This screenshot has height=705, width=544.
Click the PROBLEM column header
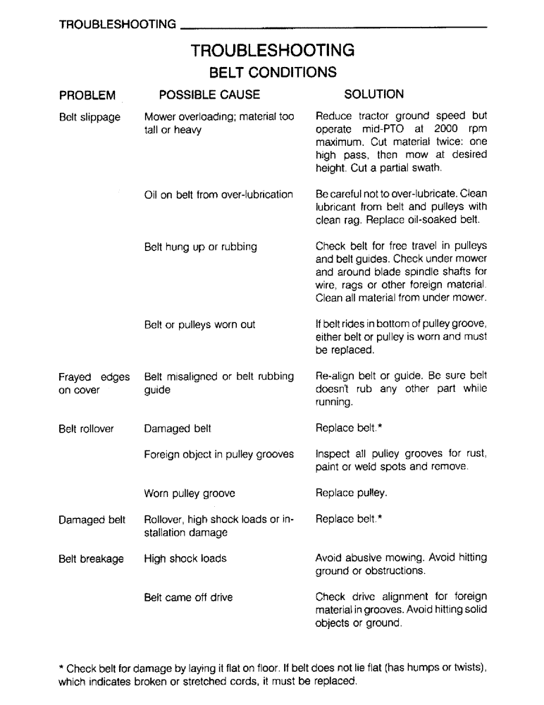(x=87, y=95)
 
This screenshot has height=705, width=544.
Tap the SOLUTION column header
(x=373, y=94)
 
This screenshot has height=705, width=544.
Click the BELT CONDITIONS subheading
(x=271, y=73)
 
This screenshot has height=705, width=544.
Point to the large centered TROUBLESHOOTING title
(x=272, y=51)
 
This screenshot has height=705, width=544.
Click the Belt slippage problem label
(x=89, y=117)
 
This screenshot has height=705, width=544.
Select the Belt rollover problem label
(x=87, y=428)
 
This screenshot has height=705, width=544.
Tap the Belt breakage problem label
(x=90, y=558)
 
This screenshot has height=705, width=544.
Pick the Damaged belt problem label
(x=92, y=520)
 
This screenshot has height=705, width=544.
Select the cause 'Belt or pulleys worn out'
(x=199, y=325)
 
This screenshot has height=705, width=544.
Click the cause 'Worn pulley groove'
(x=190, y=493)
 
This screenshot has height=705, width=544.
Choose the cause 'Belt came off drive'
(x=188, y=597)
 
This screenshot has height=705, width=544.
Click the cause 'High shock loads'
(x=185, y=558)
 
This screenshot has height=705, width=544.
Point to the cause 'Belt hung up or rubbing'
(x=200, y=247)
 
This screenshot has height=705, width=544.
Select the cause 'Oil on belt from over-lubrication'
(x=218, y=195)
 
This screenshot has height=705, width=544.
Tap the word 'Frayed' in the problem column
(x=75, y=376)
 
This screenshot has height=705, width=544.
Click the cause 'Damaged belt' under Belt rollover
(x=177, y=428)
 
